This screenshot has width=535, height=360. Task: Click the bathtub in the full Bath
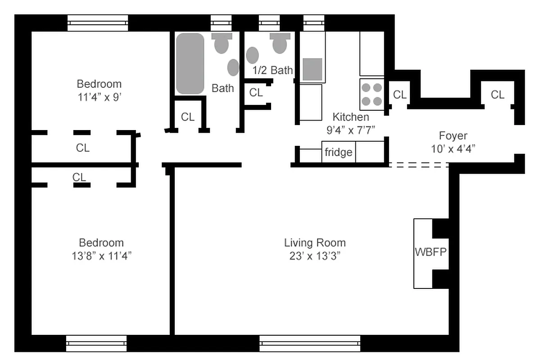[190, 63]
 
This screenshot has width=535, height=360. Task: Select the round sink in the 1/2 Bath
[252, 55]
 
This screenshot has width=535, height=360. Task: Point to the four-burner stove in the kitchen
[372, 94]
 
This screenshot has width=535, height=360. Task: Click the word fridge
[338, 153]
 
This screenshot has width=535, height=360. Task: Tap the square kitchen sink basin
[312, 69]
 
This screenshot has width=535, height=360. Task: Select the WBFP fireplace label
[431, 252]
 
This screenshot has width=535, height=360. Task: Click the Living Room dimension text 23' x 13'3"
[315, 256]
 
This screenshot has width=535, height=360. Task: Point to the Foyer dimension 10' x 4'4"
[453, 148]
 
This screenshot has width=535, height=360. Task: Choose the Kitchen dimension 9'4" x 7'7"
[351, 130]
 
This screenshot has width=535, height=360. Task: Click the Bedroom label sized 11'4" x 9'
[99, 84]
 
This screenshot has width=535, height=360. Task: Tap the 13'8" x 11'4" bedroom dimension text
[101, 256]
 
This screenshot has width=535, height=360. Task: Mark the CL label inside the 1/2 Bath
[256, 93]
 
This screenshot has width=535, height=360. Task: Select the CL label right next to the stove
[399, 95]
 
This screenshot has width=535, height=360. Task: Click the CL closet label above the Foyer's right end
[497, 95]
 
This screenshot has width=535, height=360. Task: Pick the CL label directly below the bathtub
[188, 117]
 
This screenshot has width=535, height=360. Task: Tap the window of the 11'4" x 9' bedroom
[98, 22]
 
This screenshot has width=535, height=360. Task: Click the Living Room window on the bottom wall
[310, 343]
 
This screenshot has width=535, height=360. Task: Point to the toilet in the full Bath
[221, 43]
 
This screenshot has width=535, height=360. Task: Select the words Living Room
[315, 243]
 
